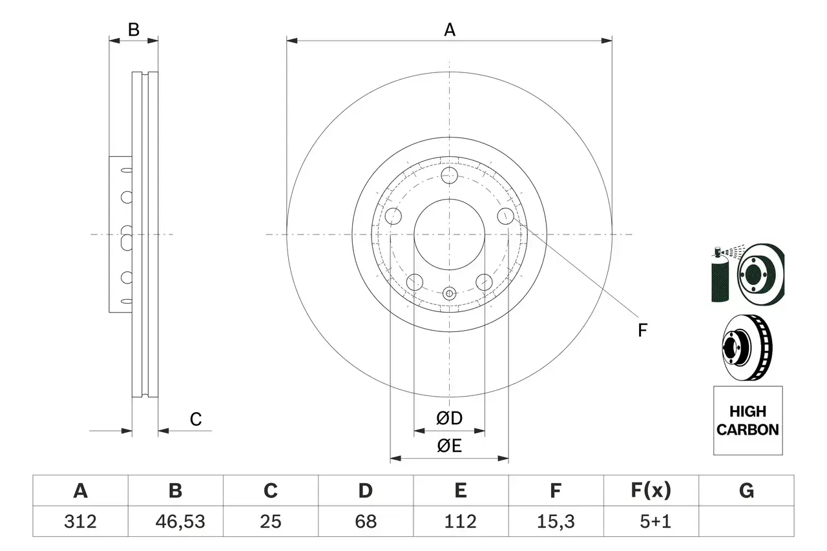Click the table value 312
pos(80,521)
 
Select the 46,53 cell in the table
pos(175,521)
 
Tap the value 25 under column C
pos(270,521)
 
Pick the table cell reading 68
pos(365,521)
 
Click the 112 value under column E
pos(460,521)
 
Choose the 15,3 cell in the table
pos(555,521)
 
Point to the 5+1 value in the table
pos(651,521)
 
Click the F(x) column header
pos(651,491)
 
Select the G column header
pos(746,491)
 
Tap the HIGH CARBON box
pos(748,421)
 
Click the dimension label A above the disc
pos(449,30)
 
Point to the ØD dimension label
pos(449,419)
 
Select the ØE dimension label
pos(449,446)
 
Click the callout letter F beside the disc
pos(642,331)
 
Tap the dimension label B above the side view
pos(133,30)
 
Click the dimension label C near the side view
pos(196,419)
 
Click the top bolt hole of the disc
pos(449,175)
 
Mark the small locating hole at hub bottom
pos(449,294)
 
